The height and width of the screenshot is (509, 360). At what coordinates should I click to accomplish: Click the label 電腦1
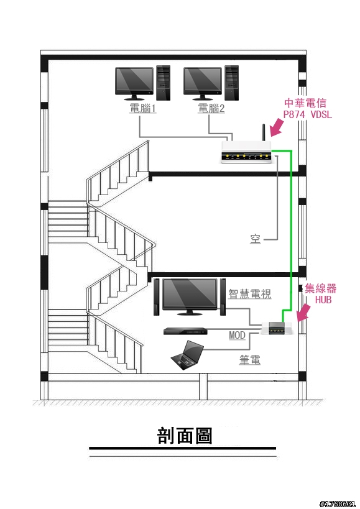pos(143,108)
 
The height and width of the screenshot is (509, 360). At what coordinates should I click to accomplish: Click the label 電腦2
pos(211,108)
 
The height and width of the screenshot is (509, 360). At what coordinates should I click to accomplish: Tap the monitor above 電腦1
pos(134,83)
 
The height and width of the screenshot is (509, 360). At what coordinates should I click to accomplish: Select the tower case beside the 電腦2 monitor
pos(232,83)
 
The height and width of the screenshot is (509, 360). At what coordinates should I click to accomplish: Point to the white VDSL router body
pos(246,152)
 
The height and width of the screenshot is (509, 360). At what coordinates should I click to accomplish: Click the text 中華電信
pos(305,103)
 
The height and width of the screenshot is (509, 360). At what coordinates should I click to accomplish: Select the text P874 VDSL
pos(307,114)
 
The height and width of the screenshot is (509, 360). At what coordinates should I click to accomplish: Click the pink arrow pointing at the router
pos(276,127)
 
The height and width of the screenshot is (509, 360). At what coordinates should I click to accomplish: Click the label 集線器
pos(320,288)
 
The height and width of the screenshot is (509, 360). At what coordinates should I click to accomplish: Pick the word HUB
pos(323,300)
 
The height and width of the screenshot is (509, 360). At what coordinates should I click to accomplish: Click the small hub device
pos(277,328)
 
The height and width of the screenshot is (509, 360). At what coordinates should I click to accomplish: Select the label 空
pos(255,239)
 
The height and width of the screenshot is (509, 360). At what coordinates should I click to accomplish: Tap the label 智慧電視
pos(249,294)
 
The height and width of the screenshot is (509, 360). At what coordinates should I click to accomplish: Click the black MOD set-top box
pos(185,331)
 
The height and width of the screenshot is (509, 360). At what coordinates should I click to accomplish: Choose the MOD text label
pos(237,335)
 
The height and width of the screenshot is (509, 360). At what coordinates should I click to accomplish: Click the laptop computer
pos(188,355)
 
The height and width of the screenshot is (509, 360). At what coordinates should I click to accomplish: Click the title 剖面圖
pos(185,436)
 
